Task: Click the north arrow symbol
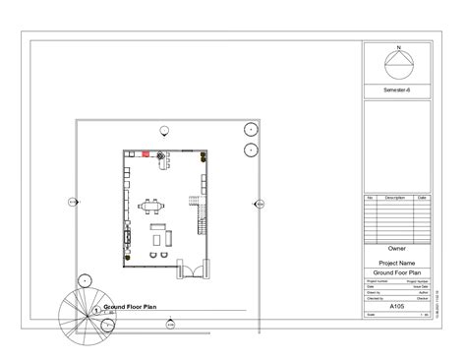tap(397, 66)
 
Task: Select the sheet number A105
tap(397, 306)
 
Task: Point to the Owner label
tap(397, 248)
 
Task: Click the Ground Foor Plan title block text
tap(397, 272)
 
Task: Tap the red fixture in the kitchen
tap(145, 154)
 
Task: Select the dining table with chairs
tap(153, 206)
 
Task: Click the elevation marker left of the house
tap(72, 203)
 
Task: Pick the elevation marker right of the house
tap(259, 204)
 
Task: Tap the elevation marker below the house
tap(170, 323)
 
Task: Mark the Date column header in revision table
tap(422, 198)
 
